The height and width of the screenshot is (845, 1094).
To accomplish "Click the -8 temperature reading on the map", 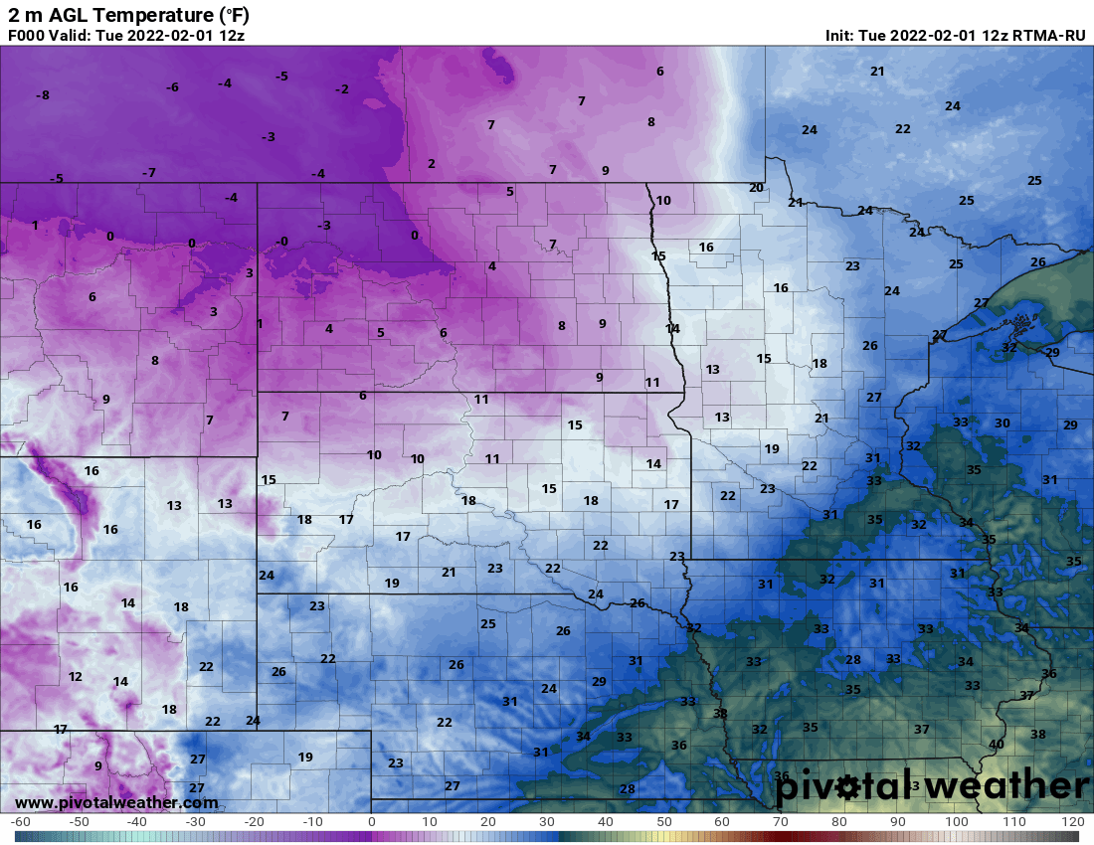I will click(43, 95).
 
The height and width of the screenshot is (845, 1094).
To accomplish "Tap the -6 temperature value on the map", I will click(172, 87).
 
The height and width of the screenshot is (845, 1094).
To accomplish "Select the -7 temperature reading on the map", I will click(149, 173).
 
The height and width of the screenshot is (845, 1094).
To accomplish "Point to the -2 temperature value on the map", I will click(342, 89).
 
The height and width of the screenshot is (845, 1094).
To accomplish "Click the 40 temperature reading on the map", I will click(996, 744).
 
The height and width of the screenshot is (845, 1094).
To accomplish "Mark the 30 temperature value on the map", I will click(1003, 423).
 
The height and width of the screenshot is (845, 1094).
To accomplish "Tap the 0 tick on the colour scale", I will click(372, 822).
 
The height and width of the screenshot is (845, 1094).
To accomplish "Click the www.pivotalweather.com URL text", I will click(116, 802).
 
